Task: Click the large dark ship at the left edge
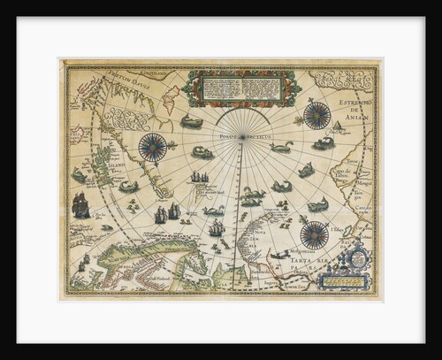(80, 205)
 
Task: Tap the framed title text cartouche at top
(243, 87)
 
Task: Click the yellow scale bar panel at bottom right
(344, 283)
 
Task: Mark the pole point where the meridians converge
(241, 142)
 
